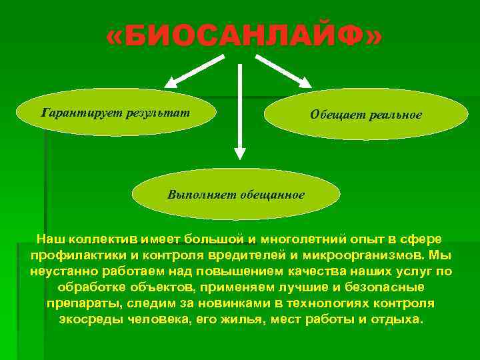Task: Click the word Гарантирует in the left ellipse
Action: tap(74, 111)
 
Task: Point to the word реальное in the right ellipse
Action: tap(396, 115)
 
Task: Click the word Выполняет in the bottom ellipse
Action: tap(197, 195)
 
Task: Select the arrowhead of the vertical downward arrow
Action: tap(239, 153)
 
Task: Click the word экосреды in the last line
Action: tap(86, 319)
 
